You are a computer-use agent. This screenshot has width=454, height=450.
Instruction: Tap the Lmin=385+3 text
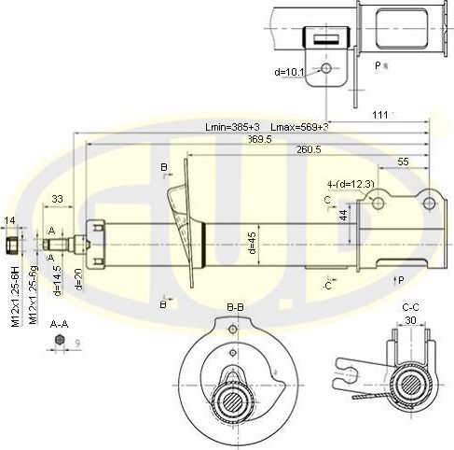[x=232, y=126]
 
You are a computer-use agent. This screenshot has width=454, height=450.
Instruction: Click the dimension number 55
[x=403, y=162]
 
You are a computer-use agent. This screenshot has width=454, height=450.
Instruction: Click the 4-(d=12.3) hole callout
[x=351, y=184]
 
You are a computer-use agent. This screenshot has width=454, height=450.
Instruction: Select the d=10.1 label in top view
[x=291, y=71]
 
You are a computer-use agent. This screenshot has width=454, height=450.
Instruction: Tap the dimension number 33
[x=57, y=199]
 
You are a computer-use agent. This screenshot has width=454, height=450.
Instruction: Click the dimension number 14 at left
[x=10, y=220]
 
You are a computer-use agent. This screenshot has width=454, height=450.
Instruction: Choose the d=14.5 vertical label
[x=58, y=280]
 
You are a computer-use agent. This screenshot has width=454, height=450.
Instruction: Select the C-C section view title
[x=411, y=306]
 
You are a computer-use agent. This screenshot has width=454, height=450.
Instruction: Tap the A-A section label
[x=58, y=324]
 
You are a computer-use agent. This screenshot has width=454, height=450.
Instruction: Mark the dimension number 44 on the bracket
[x=343, y=216]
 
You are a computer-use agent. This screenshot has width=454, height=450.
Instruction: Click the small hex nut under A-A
[x=59, y=342]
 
